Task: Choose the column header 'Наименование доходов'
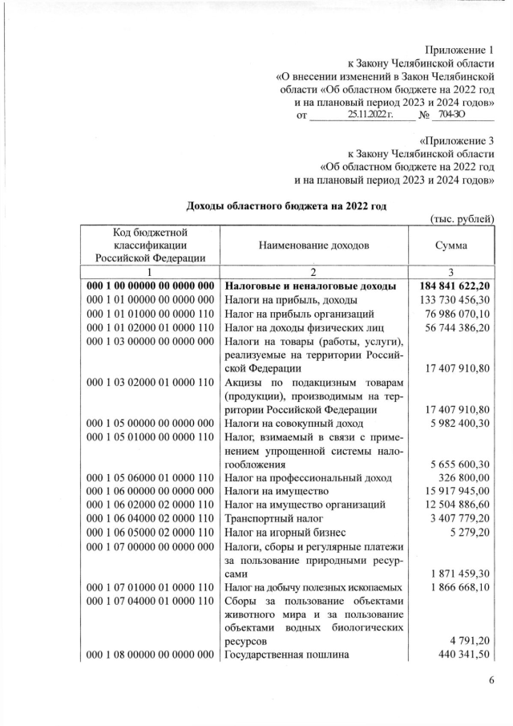click(x=313, y=246)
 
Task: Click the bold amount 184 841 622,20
click(x=453, y=286)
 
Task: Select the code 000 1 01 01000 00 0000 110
click(x=150, y=314)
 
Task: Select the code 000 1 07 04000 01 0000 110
click(x=150, y=600)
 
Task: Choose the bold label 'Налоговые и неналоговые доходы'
click(x=309, y=286)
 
